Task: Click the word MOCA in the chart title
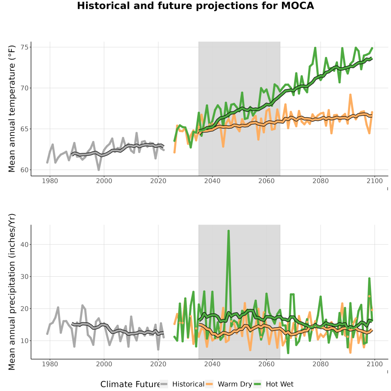[298, 6]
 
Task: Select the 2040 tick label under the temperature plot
[212, 181]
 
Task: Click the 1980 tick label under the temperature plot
[50, 181]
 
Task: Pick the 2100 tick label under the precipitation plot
[374, 364]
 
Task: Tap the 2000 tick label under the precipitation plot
[104, 364]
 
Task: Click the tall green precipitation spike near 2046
[229, 231]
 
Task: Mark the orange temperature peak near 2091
[350, 95]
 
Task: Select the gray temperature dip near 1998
[99, 169]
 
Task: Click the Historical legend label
[188, 384]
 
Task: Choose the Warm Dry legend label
[235, 384]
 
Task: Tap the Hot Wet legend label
[279, 384]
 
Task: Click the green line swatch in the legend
[257, 384]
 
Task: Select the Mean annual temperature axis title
[12, 109]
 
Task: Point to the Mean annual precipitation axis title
[12, 292]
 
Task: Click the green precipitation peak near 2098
[369, 278]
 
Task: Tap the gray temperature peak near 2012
[137, 133]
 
